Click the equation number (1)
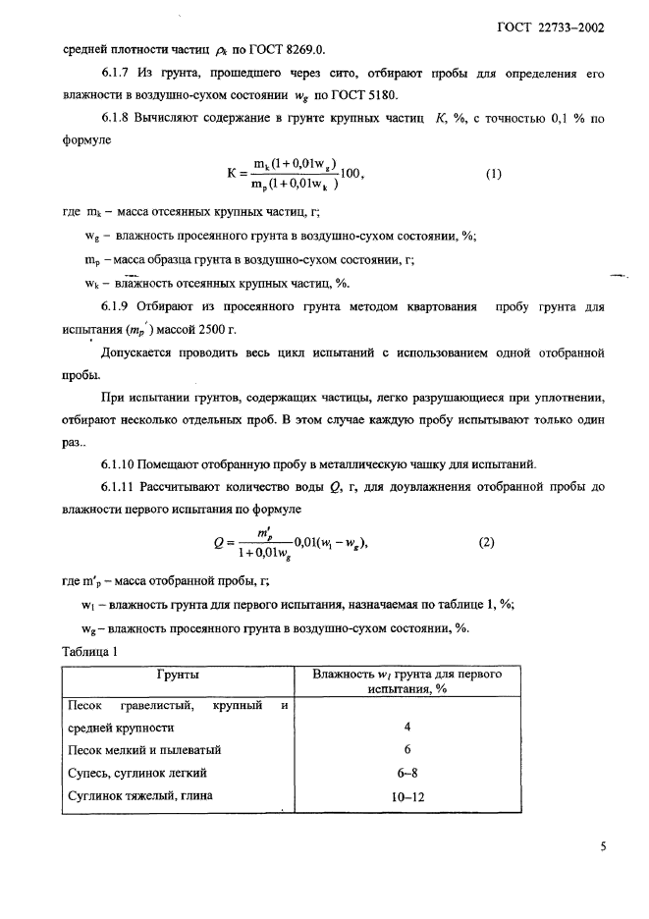point(493,175)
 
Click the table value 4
point(406,728)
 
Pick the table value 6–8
point(406,773)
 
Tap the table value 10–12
point(406,796)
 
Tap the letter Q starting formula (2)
point(218,542)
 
